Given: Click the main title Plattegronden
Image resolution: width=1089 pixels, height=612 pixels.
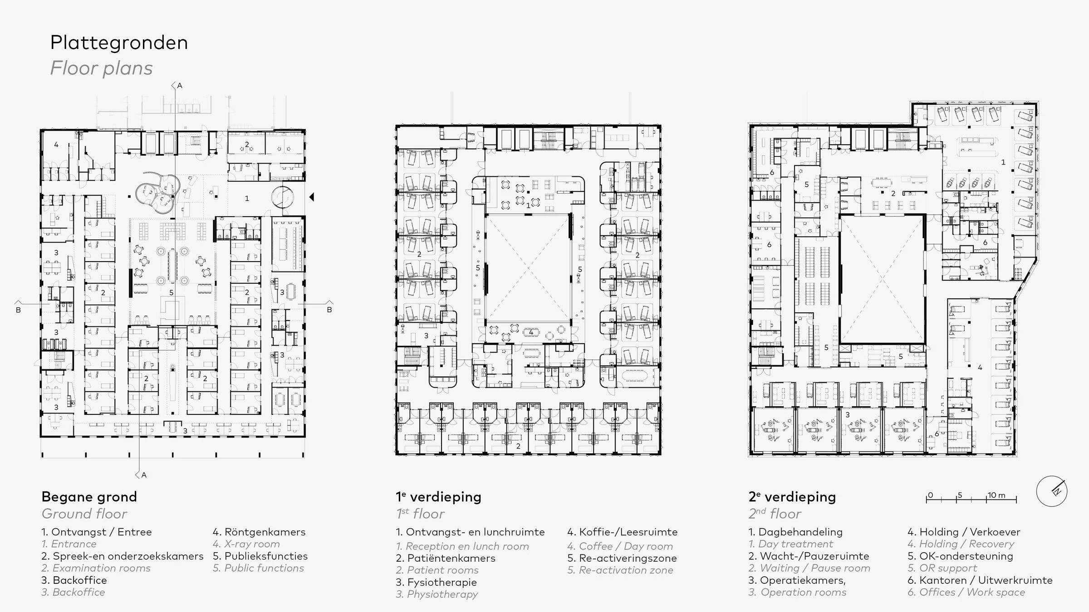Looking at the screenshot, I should click(x=119, y=43).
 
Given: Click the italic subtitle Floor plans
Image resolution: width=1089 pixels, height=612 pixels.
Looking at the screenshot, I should click(x=101, y=68).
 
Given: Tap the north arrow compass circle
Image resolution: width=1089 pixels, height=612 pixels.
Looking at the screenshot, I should click(x=1051, y=491).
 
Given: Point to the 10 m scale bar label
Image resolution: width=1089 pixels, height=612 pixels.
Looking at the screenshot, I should click(x=996, y=495).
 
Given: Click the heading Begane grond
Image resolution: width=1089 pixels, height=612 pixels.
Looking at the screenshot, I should click(x=89, y=497).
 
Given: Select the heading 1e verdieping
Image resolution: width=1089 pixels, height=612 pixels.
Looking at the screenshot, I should click(x=438, y=497).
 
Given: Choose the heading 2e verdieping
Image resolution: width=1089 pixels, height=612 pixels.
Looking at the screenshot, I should click(x=792, y=497).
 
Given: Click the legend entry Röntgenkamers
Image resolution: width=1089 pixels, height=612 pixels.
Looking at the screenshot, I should click(x=259, y=532).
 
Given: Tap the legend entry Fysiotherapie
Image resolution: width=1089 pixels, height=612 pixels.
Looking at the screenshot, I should click(x=436, y=582).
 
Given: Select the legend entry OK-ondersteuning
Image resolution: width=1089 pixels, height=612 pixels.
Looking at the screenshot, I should click(x=960, y=556).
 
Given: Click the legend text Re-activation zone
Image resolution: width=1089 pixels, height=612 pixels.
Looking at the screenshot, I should click(x=620, y=570).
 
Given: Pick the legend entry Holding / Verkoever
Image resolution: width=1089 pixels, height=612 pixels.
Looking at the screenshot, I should click(x=964, y=532).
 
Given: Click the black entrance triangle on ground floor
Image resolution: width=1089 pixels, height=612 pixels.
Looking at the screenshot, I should click(x=312, y=197).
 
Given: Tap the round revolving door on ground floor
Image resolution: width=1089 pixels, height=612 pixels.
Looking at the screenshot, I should click(x=282, y=197).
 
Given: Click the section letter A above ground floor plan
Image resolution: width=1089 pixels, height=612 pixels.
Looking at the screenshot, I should click(x=180, y=86).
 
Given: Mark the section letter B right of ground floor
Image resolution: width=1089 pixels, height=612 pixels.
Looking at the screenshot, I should click(x=329, y=310).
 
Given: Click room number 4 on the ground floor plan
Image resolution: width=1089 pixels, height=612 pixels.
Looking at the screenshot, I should click(x=56, y=145).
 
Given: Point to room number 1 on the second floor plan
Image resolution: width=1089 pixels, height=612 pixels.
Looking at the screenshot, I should click(x=1003, y=162).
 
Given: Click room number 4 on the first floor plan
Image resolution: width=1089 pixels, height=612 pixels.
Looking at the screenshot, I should click(x=531, y=332).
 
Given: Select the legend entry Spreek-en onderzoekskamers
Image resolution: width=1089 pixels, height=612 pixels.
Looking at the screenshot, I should click(x=123, y=556).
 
